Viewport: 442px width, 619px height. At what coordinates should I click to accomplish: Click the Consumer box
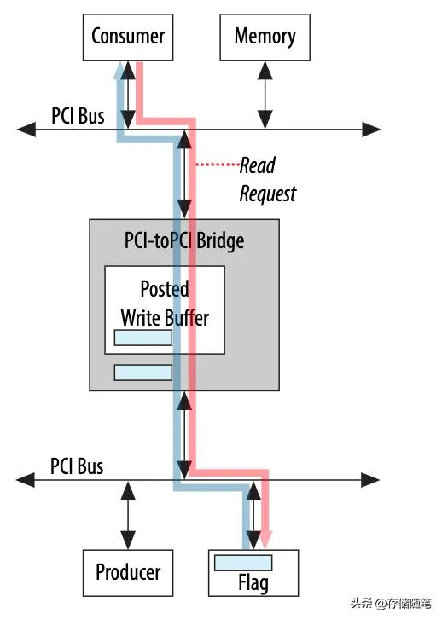127,38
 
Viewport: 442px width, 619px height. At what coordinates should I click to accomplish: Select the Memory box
265,38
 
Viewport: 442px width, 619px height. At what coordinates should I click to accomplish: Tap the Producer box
127,572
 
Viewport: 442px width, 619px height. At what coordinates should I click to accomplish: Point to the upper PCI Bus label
77,115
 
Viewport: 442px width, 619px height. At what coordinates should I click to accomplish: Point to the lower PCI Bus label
77,466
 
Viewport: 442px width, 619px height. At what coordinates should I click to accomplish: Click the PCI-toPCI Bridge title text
183,240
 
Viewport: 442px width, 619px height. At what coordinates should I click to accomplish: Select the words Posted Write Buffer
165,303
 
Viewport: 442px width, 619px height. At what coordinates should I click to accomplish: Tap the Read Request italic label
267,179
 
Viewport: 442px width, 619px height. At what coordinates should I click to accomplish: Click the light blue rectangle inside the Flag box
243,563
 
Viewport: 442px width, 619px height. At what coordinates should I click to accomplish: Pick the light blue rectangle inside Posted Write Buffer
143,338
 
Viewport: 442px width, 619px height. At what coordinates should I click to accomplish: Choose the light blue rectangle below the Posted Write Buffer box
143,373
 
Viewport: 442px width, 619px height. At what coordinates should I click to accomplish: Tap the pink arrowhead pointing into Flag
265,540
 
